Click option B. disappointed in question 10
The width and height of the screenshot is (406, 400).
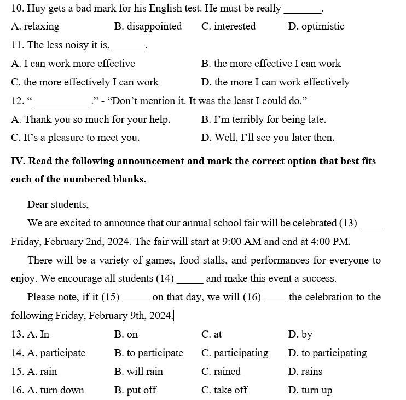click(148, 26)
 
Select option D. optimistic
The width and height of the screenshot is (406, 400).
click(316, 26)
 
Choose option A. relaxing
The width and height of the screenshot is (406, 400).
click(35, 26)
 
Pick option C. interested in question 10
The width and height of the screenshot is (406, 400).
click(228, 26)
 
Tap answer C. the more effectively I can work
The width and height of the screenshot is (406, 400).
click(85, 82)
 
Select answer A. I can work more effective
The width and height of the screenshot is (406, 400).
click(73, 64)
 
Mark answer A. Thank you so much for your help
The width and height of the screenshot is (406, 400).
click(90, 119)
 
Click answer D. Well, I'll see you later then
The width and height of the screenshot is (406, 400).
click(268, 138)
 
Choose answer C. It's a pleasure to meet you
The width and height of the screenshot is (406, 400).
click(75, 138)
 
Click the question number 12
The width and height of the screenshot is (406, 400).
click(17, 101)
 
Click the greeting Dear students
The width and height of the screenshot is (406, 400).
click(58, 204)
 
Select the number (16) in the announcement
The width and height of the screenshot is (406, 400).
click(252, 297)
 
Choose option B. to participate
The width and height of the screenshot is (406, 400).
click(148, 353)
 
